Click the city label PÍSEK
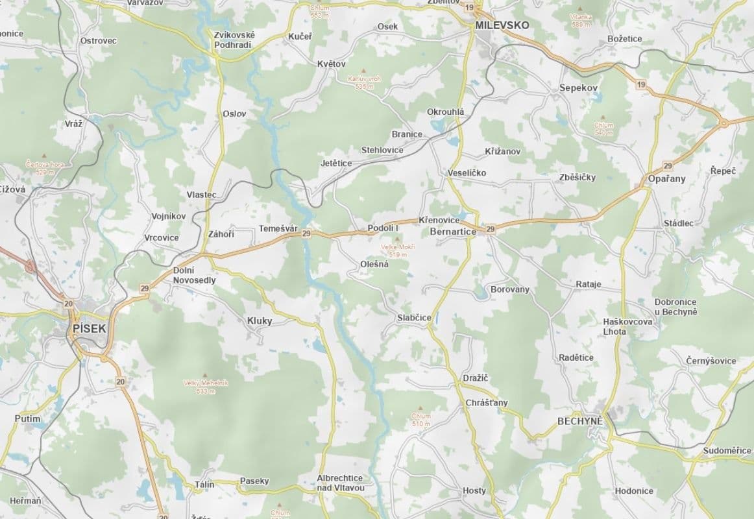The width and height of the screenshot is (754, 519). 89,329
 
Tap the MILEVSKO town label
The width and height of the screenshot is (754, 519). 502,25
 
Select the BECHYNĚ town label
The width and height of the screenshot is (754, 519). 580,421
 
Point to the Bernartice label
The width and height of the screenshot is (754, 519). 453,232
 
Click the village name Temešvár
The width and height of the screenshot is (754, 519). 278,228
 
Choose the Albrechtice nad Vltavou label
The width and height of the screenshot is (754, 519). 341,483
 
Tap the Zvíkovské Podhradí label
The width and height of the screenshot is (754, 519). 234,40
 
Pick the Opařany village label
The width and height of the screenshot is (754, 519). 666,179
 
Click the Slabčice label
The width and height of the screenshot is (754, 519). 414,318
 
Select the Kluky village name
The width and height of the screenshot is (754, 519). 260,320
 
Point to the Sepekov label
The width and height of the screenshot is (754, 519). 579,88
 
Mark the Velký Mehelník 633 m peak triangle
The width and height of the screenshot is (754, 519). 205,375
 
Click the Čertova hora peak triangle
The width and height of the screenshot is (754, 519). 44,156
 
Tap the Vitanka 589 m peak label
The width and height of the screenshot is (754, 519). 580,19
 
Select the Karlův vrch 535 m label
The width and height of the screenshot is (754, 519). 364,82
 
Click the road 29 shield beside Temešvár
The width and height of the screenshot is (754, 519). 306,234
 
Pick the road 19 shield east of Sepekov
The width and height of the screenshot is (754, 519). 641,85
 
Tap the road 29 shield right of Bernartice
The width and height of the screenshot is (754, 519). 491,229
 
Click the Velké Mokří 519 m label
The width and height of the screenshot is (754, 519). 398,250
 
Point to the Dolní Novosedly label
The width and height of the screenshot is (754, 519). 194,276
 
